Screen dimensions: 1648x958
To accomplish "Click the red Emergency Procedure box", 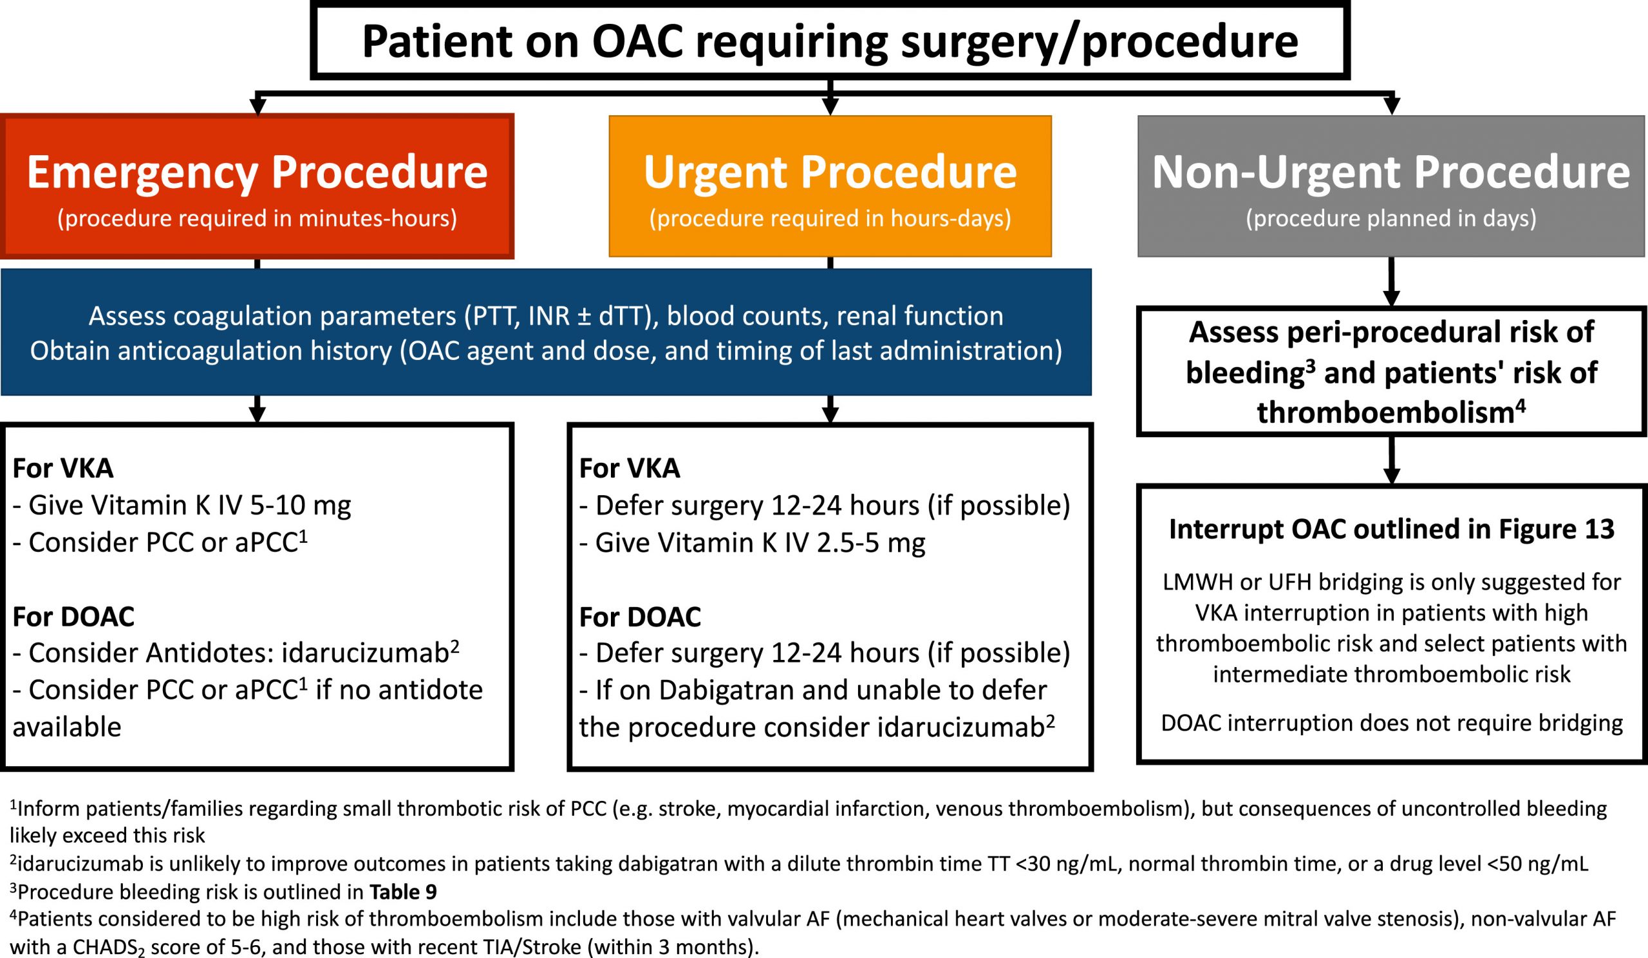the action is coord(257,186).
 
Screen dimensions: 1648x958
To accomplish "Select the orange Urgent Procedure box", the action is coord(830,186).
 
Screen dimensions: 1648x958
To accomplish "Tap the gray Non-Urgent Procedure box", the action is coord(1392,186).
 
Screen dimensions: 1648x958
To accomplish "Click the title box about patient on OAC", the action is coord(830,41).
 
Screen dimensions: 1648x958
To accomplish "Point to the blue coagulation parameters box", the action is coord(546,332).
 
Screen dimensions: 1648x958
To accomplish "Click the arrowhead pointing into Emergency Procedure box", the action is coord(257,107).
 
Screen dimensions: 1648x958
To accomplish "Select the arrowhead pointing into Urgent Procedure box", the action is coord(830,107).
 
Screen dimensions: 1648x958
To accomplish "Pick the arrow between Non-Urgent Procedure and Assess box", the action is coord(1392,282).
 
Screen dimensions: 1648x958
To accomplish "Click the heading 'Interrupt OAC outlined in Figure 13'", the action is coord(1392,529).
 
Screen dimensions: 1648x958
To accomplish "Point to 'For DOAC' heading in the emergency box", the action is coord(73,617).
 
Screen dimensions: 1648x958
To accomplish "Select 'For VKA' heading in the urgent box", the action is coord(630,468).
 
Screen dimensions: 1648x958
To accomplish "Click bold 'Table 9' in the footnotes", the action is coord(403,892).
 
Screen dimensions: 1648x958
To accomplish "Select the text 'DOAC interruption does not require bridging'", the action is coord(1392,723).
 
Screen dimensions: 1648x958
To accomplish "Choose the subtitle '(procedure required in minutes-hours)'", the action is coord(257,218).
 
